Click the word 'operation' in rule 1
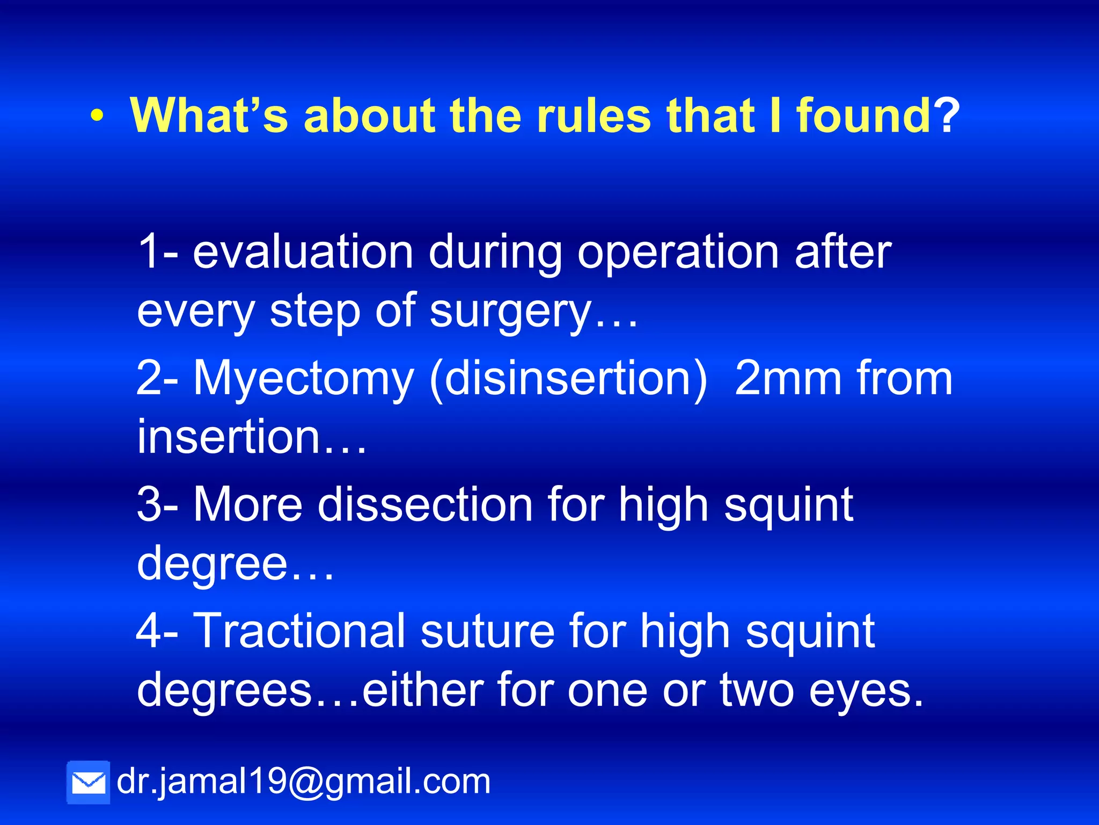678,252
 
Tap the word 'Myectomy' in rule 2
304,379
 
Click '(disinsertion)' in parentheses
568,379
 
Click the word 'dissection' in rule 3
425,504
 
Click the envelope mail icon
88,782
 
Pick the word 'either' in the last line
422,690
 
